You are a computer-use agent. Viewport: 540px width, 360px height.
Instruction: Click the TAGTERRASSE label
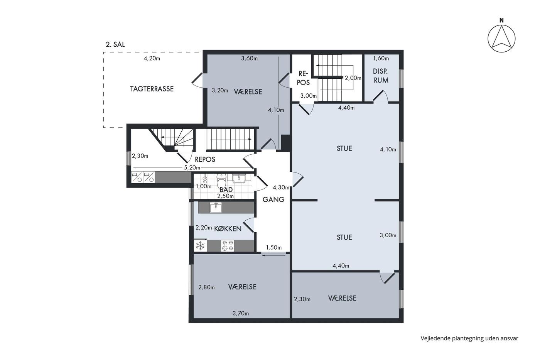coord(152,89)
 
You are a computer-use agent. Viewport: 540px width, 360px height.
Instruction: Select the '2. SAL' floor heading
coord(115,44)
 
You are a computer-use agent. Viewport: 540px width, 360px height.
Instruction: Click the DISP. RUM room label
coord(381,76)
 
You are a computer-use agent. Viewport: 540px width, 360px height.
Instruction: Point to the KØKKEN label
coord(228,228)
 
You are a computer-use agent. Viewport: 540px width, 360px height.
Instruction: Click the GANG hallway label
coord(273,199)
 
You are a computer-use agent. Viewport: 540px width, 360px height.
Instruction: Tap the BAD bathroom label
coord(226,189)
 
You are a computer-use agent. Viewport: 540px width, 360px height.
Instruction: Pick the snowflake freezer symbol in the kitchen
coord(200,246)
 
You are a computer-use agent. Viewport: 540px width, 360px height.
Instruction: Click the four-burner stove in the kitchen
coord(227,246)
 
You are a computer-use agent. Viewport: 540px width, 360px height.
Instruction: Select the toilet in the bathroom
coord(221,181)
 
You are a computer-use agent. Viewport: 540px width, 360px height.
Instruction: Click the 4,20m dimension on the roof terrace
coord(152,58)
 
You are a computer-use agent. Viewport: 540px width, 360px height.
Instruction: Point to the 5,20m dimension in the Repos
coord(192,167)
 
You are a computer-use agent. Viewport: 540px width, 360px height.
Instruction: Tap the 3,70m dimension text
coord(241,313)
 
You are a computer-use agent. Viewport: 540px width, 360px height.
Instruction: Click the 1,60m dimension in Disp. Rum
coord(381,58)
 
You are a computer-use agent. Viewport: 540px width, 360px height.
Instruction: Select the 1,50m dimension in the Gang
coord(274,248)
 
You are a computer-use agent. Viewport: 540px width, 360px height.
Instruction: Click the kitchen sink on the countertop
coord(216,207)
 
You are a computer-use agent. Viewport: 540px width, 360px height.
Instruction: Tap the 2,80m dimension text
coord(206,287)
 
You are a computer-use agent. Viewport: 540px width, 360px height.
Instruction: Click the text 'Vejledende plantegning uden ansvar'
coord(469,338)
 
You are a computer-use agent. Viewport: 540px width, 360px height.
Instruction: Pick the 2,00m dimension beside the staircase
coord(353,78)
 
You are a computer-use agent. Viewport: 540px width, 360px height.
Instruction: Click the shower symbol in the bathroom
coord(205,179)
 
